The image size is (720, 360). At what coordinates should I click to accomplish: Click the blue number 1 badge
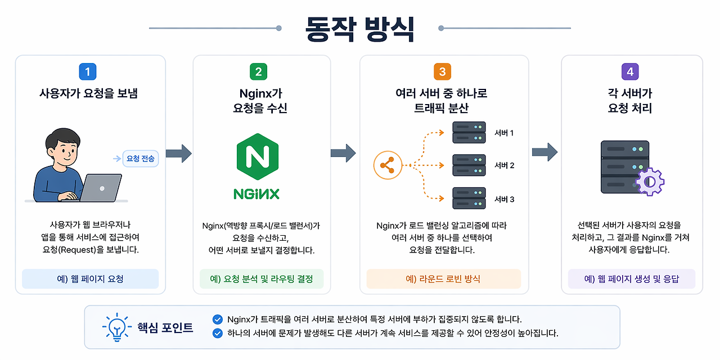(87, 71)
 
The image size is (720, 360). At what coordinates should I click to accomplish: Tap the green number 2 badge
(258, 71)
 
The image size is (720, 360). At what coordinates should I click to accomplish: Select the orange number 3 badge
(442, 71)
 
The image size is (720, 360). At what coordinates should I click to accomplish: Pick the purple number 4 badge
(630, 71)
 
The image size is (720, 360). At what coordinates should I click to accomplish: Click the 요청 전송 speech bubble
(141, 159)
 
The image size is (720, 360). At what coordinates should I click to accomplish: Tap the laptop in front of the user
(101, 188)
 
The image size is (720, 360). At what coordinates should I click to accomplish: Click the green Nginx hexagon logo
(258, 156)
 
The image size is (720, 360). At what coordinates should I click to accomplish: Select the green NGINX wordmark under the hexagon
(256, 194)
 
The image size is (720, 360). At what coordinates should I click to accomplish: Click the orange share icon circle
(388, 165)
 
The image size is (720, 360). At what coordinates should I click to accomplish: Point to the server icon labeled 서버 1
(469, 132)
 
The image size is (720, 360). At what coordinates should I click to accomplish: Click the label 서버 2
(505, 165)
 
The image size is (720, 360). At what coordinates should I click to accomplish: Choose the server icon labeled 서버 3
(469, 199)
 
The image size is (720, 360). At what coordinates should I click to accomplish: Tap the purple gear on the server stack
(650, 182)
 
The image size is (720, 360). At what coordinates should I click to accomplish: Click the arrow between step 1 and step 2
(179, 154)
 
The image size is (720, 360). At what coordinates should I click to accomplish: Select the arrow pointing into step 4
(545, 152)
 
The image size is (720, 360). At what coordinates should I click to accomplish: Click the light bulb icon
(117, 327)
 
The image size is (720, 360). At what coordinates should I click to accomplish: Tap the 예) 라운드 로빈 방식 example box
(444, 278)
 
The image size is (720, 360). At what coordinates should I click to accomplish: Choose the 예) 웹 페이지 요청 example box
(91, 278)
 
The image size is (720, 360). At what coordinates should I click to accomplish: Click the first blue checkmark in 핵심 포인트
(218, 319)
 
